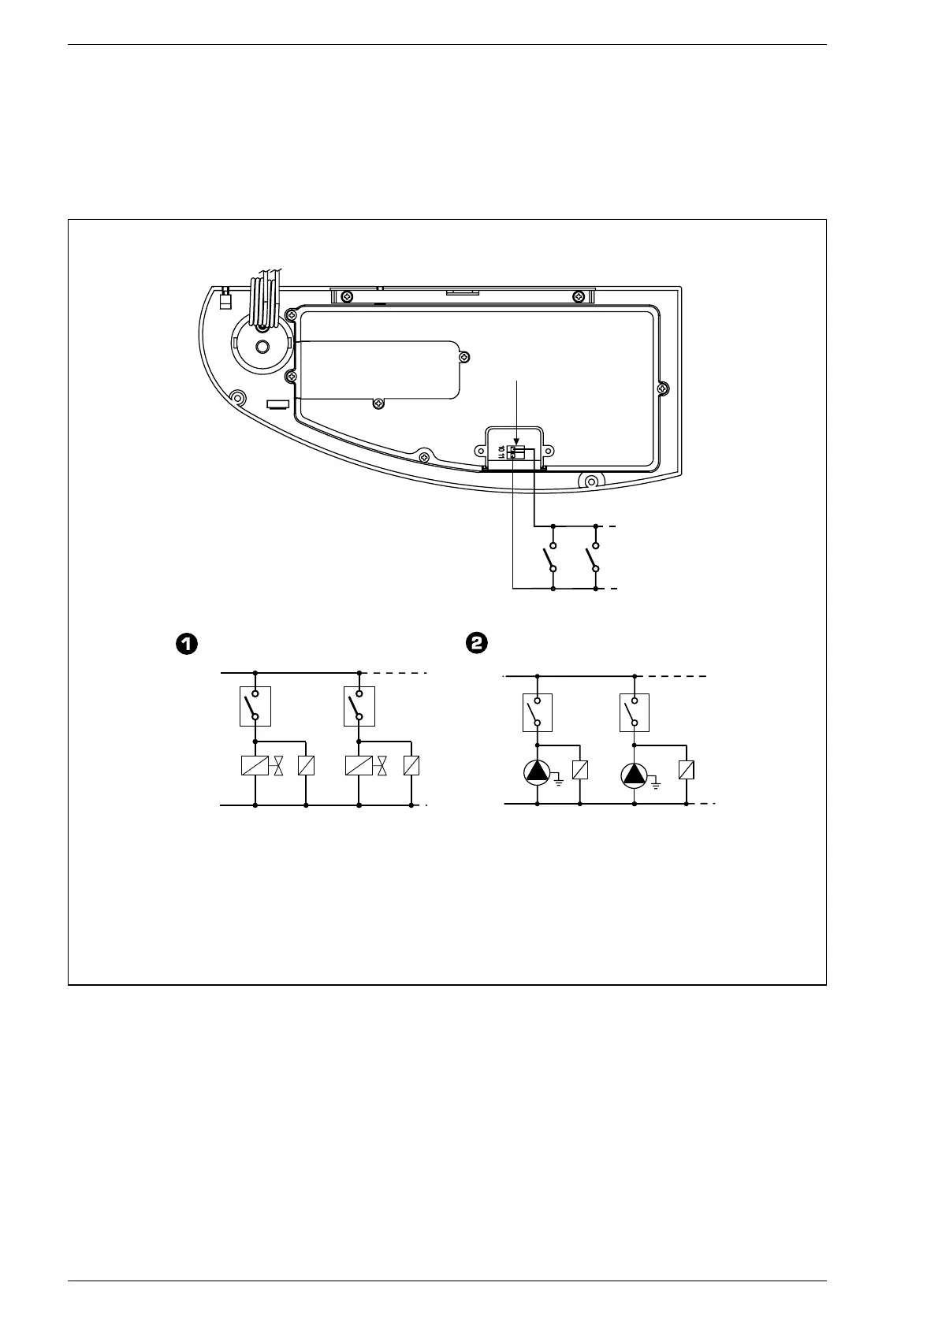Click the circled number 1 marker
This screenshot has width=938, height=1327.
click(x=184, y=644)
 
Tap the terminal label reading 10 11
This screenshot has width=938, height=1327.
click(x=501, y=452)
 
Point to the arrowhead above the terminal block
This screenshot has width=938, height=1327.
click(x=517, y=443)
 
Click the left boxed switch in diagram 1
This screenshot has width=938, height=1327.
click(x=255, y=706)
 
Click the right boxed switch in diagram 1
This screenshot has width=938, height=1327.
click(x=359, y=706)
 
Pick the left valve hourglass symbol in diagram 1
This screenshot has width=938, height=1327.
click(x=278, y=765)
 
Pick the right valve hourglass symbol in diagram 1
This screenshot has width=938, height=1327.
click(x=383, y=765)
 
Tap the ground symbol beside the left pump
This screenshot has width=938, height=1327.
click(x=558, y=782)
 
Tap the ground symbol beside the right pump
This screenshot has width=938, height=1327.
click(x=655, y=782)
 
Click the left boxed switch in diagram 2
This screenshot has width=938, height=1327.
click(x=538, y=712)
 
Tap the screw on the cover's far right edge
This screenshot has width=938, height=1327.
click(x=664, y=387)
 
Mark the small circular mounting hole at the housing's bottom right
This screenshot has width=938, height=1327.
click(x=591, y=478)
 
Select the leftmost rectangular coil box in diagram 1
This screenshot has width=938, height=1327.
click(x=255, y=765)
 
